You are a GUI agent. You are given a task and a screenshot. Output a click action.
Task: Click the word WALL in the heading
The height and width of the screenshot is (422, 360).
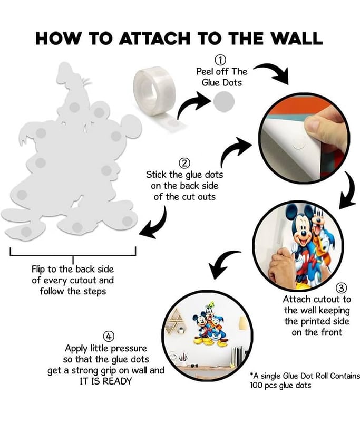click(296, 38)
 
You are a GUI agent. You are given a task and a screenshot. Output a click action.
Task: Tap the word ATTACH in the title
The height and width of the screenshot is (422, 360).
click(154, 38)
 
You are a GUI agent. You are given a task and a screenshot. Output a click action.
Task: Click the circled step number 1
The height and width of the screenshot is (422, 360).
click(220, 60)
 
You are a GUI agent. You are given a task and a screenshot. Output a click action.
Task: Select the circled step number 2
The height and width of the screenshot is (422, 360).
click(184, 163)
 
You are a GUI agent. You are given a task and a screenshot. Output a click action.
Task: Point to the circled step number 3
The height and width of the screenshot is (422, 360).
click(341, 288)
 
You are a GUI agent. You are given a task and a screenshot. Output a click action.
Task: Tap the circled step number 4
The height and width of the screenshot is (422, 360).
click(109, 337)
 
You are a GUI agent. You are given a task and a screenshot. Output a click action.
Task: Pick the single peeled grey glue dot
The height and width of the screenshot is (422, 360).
click(224, 102)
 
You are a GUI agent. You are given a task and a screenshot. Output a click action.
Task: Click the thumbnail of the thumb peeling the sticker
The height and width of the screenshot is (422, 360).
click(304, 138)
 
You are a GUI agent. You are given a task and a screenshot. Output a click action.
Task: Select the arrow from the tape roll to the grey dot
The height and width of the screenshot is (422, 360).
click(193, 105)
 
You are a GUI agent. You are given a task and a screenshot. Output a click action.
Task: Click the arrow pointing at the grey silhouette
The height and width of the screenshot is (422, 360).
click(156, 223)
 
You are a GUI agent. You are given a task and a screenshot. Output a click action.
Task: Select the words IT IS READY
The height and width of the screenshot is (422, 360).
click(106, 381)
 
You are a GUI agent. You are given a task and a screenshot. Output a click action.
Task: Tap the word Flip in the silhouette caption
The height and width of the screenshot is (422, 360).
click(37, 270)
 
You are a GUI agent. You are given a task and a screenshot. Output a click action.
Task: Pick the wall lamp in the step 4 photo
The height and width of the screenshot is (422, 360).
click(243, 323)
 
